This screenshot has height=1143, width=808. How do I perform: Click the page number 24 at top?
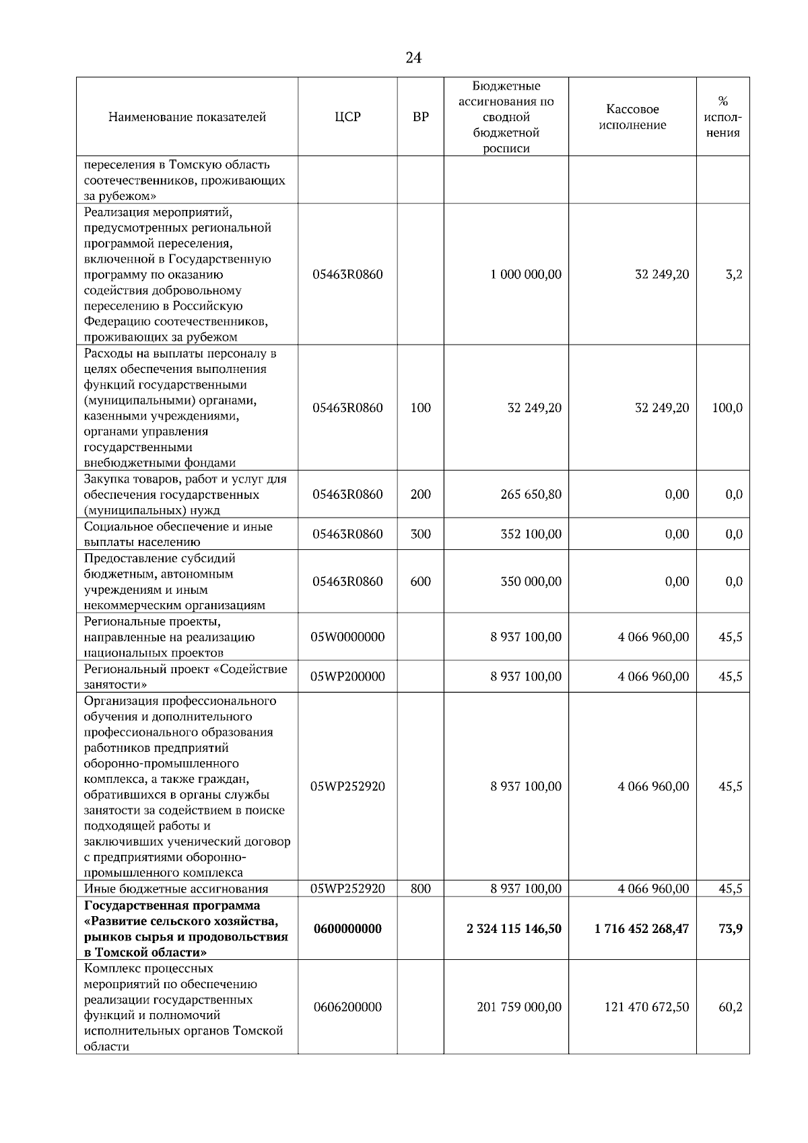[413, 59]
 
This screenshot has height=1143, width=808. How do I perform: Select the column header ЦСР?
[347, 117]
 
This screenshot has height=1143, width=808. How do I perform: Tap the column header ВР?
[420, 117]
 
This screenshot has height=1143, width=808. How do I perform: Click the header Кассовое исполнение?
[632, 117]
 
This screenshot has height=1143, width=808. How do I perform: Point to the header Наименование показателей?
[187, 117]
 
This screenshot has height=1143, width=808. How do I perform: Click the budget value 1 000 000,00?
[526, 275]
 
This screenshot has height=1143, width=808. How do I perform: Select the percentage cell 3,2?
[733, 275]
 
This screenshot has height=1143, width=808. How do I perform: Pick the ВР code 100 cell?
[420, 408]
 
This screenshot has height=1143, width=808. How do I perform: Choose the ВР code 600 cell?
[420, 582]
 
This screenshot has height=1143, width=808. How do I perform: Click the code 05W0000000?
[347, 637]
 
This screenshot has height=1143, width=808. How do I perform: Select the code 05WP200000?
[347, 677]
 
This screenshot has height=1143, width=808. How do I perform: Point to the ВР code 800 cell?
[420, 889]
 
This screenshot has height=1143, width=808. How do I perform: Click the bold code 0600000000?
[347, 929]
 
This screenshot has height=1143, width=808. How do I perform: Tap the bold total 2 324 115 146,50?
[514, 929]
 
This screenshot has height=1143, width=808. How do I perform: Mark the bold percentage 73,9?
[731, 929]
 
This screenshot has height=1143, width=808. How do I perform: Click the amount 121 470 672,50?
[646, 1008]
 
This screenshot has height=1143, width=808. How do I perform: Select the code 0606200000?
[347, 1008]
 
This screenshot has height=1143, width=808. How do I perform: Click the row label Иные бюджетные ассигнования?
[176, 889]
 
